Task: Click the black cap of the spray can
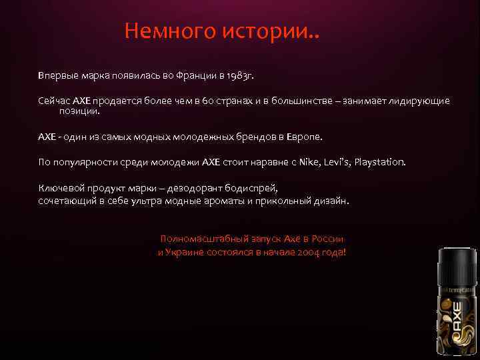coord(457,260)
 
